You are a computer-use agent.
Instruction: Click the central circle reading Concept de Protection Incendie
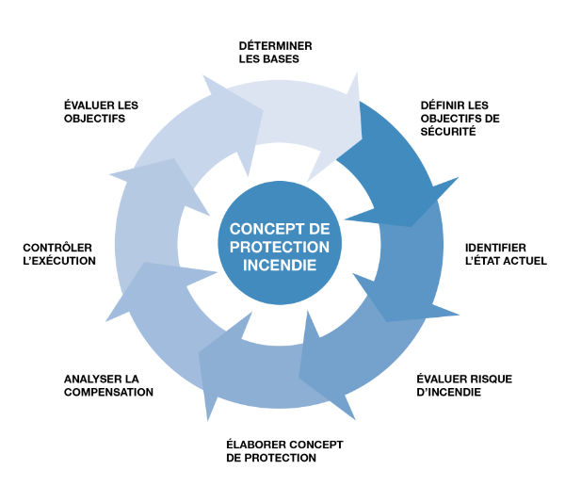(279, 247)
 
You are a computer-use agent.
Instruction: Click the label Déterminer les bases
(275, 53)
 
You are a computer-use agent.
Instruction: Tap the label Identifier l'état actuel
(505, 254)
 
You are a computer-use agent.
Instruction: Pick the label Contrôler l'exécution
(58, 254)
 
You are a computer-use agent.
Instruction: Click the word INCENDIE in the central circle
(279, 266)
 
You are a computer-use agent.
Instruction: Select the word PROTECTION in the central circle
(279, 247)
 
